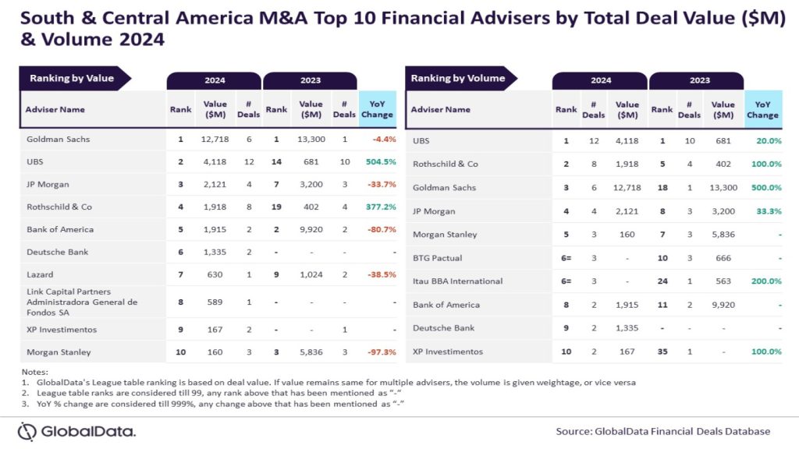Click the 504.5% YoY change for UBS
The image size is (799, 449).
(x=378, y=161)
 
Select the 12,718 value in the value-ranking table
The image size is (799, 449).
(x=215, y=139)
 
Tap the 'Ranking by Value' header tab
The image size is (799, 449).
(x=72, y=78)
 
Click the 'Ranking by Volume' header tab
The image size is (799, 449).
(x=457, y=78)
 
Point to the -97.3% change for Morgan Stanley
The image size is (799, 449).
(x=379, y=352)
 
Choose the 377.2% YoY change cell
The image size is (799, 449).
(x=378, y=207)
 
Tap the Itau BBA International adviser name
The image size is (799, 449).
(x=457, y=281)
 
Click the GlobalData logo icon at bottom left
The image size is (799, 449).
(x=27, y=431)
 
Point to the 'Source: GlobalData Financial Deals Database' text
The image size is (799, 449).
(x=662, y=431)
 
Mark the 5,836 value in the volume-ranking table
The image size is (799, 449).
(x=723, y=235)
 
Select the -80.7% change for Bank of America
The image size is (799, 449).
(x=379, y=230)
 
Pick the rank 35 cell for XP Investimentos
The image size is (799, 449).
(x=662, y=352)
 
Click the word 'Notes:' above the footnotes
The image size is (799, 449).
(x=35, y=372)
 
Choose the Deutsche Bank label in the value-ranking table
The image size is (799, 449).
(x=59, y=253)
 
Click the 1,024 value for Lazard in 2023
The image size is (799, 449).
(x=311, y=275)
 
